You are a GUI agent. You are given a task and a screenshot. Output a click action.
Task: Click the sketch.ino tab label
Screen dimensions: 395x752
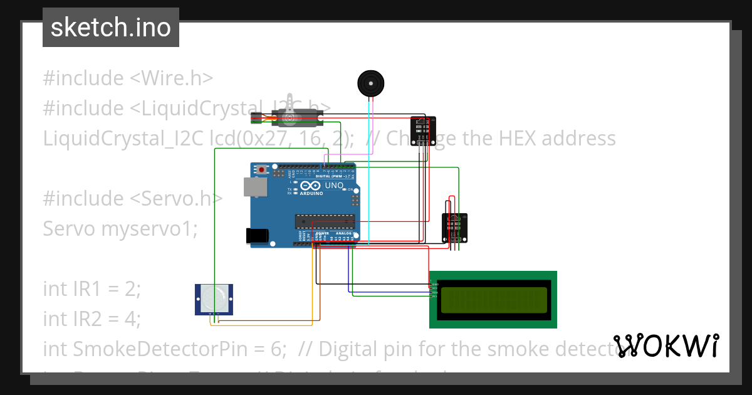pos(111,28)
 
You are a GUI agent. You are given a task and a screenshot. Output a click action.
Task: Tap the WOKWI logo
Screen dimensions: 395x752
pos(666,345)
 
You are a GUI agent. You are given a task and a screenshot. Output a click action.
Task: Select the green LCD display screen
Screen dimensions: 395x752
pos(493,300)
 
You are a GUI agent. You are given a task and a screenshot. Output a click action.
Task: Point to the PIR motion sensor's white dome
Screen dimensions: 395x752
pos(214,298)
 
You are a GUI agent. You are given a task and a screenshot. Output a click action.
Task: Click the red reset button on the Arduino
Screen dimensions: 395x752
pos(261,169)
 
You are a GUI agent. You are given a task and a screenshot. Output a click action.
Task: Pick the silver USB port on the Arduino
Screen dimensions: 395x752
pos(254,186)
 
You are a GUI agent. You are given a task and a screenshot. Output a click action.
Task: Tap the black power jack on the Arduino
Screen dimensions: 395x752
pos(258,236)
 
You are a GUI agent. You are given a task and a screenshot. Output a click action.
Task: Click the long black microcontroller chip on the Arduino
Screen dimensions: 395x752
pos(325,221)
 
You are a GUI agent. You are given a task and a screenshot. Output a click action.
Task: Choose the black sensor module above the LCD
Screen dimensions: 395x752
pos(454,227)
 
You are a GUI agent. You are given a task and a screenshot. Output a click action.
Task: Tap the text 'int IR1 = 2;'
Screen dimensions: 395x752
pos(92,288)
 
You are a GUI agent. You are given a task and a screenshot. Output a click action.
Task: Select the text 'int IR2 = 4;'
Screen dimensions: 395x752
pos(92,319)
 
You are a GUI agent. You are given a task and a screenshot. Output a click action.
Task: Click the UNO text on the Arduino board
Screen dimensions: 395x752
pos(334,186)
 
